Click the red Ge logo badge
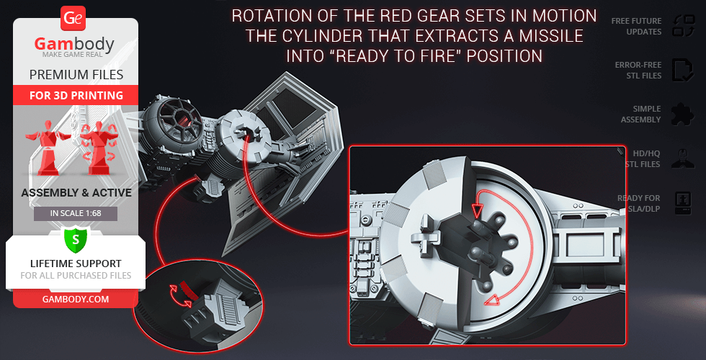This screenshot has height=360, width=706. click(x=73, y=18)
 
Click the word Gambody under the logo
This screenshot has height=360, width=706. click(x=74, y=44)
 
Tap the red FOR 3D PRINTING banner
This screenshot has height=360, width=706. click(x=76, y=95)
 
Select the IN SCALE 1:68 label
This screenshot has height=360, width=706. click(x=76, y=213)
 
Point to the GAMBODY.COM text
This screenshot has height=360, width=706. click(x=76, y=300)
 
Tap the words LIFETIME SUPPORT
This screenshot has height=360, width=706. click(x=76, y=264)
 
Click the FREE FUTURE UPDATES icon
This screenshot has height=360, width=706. click(x=684, y=26)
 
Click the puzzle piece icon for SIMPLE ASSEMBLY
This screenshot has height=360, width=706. click(x=683, y=114)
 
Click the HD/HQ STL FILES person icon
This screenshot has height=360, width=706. click(x=683, y=158)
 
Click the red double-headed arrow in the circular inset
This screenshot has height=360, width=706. click(x=180, y=296)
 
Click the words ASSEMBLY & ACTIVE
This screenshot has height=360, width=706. click(x=76, y=193)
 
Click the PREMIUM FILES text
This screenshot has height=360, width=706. click(x=76, y=74)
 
